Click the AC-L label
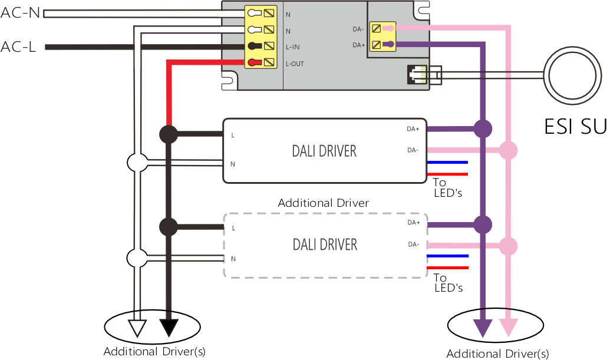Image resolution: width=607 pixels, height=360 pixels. [x=19, y=47]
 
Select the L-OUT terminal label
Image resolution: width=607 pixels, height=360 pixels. [x=295, y=64]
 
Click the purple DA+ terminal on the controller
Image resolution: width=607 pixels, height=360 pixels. [x=388, y=44]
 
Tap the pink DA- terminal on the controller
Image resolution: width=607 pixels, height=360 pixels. [x=388, y=27]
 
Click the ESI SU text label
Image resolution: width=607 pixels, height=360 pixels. [x=575, y=126]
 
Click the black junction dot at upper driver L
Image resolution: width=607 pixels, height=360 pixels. [x=169, y=134]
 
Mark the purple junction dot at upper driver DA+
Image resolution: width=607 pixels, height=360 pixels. [x=483, y=128]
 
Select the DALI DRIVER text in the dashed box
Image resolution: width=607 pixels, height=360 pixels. [x=325, y=244]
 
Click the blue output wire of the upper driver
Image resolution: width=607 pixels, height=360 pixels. [x=448, y=162]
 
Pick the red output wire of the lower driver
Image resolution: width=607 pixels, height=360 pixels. [x=448, y=268]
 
